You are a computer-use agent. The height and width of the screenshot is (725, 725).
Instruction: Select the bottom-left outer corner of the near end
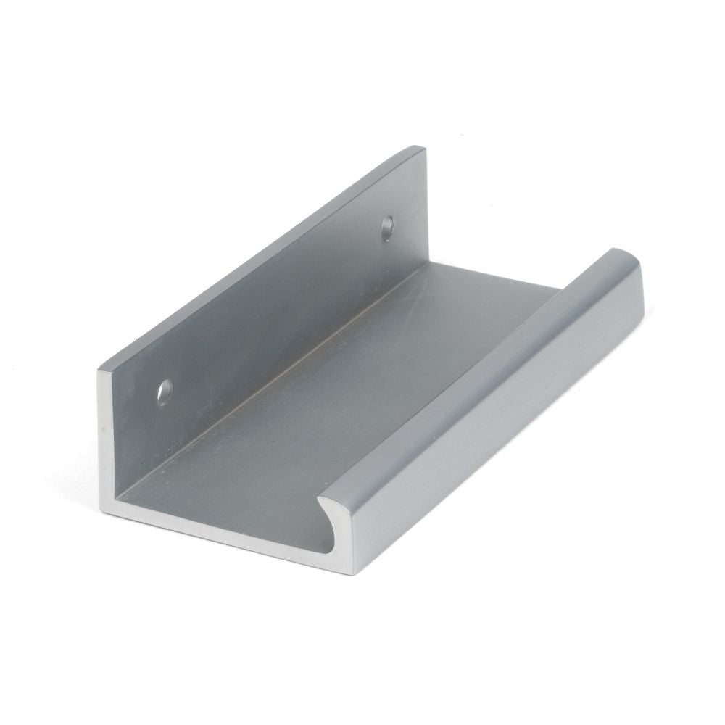pyautogui.click(x=102, y=512)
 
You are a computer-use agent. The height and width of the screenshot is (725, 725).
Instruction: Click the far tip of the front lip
pyautogui.click(x=625, y=254)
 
